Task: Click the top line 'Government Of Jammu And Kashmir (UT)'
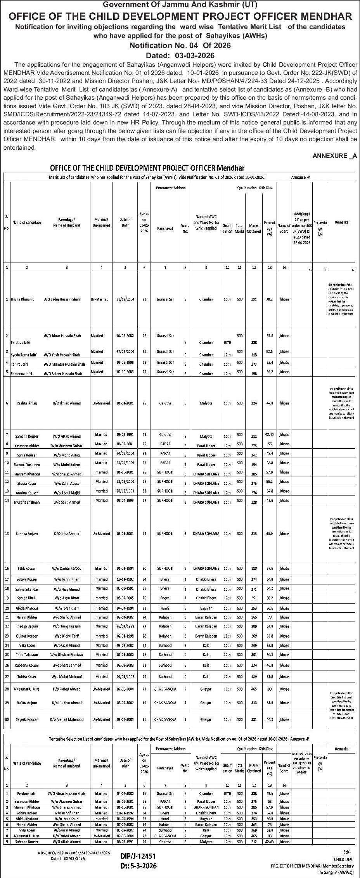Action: point(180,5)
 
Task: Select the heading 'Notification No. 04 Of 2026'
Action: point(180,45)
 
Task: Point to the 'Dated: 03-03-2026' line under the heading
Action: point(180,55)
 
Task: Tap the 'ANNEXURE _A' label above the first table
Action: point(335,156)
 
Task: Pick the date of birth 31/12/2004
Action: point(125,299)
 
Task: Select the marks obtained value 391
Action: point(254,299)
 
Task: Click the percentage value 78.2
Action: point(269,299)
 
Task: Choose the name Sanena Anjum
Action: point(27,534)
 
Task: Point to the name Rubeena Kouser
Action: point(28,665)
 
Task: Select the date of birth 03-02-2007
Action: point(125,703)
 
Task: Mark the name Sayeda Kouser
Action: point(27,719)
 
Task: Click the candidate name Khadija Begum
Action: point(27,626)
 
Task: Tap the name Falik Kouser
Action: point(27,569)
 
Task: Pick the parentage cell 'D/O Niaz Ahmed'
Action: point(66,534)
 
